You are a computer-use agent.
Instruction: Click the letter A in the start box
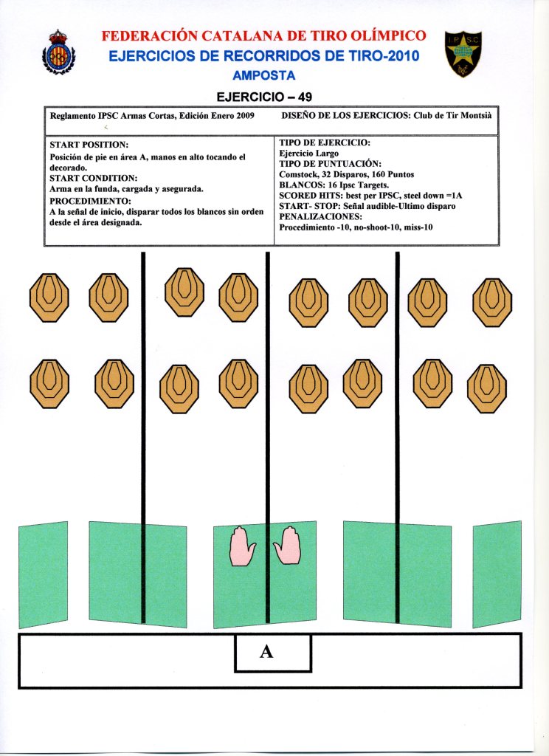coord(267,652)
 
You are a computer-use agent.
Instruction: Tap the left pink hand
coord(242,547)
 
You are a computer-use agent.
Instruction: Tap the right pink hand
coord(288,546)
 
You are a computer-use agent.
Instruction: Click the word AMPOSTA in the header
coord(263,75)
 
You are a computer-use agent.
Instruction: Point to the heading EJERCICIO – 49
coord(263,97)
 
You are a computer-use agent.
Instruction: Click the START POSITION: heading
coord(89,145)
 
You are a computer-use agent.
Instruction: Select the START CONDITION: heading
coord(93,178)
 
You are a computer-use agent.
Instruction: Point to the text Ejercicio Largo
coord(308,153)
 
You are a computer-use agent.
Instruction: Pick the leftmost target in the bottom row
coord(49,384)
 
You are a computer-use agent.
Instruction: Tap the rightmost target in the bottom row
coord(488,385)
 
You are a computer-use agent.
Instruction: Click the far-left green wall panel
coord(43,574)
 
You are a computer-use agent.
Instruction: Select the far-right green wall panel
coord(497,574)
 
